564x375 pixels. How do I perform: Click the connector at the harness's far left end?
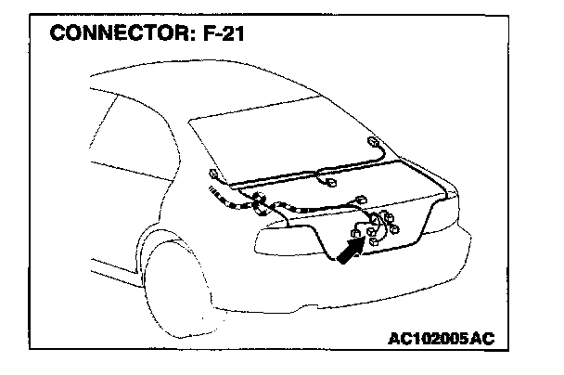[214, 174]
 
